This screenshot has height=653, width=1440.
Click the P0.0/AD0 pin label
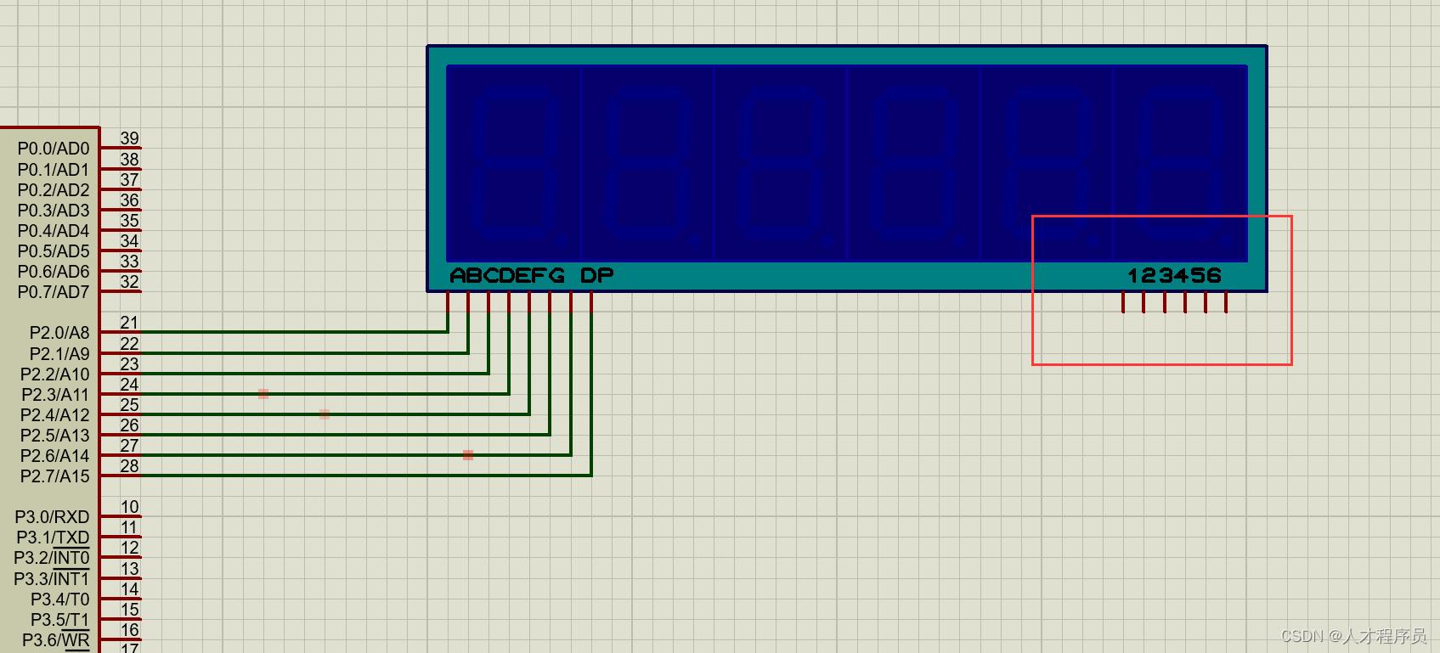coord(54,149)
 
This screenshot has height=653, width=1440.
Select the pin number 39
coord(129,138)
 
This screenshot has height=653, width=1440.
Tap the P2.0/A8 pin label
coord(59,333)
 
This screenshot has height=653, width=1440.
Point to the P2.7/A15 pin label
coord(55,476)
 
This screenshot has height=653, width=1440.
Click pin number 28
coord(129,466)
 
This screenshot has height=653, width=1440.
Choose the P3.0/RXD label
coord(53,517)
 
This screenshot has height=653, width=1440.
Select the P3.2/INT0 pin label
coord(52,558)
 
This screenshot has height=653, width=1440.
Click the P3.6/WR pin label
coord(56,640)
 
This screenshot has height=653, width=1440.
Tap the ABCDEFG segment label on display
coord(507,276)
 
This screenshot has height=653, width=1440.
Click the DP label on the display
coord(596,276)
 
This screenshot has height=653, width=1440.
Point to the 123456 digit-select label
coord(1174,276)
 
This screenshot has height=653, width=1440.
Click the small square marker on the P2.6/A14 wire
coord(468,455)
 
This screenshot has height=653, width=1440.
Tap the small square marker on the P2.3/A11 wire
coord(263,394)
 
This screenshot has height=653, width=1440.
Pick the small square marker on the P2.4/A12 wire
coord(325,414)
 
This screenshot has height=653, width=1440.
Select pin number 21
coord(129,323)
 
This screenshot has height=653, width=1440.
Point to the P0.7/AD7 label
coord(54,292)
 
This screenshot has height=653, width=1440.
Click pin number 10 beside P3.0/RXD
coord(129,507)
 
